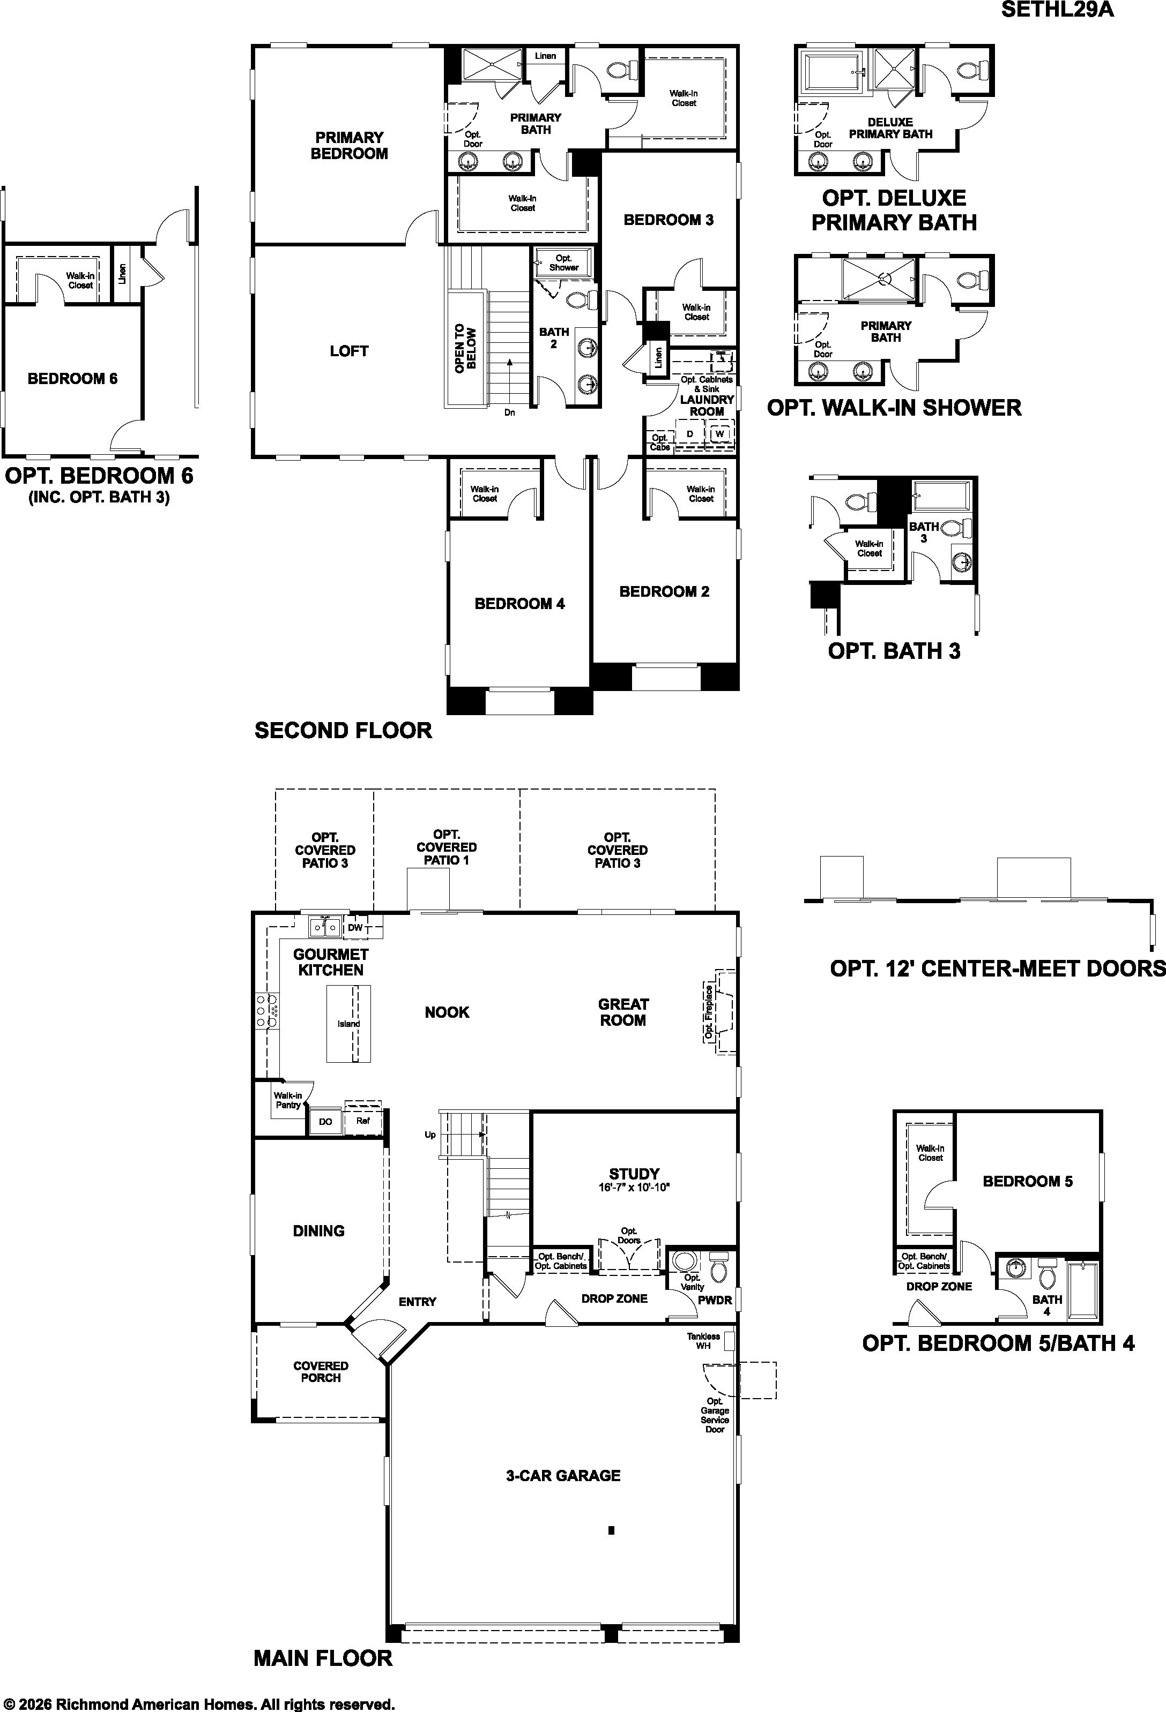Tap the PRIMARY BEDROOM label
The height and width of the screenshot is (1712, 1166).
point(350,145)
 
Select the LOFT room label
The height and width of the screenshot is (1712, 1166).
point(348,351)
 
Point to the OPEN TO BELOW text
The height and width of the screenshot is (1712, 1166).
point(465,348)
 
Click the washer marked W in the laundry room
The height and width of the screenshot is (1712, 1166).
point(719,434)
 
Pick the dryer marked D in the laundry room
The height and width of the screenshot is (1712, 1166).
point(690,434)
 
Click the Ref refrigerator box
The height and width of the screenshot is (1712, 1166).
point(362,1121)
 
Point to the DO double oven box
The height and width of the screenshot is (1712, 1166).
point(325,1121)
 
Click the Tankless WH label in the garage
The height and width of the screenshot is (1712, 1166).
point(703,1340)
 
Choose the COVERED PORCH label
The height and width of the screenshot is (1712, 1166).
point(321,1372)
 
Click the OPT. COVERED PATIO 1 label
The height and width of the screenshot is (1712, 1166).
point(447,847)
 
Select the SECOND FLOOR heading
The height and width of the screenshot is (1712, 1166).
point(344,731)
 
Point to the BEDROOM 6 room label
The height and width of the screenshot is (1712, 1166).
point(72,379)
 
